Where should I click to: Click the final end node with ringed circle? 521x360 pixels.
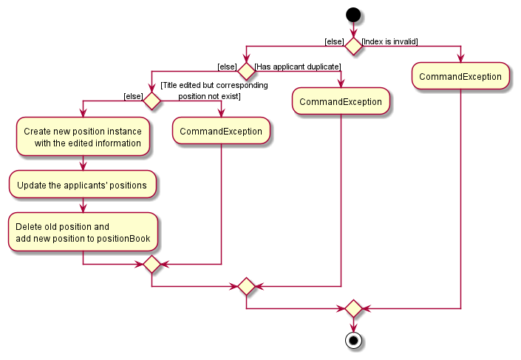pyautogui.click(x=353, y=341)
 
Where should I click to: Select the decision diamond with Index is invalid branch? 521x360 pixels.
pyautogui.click(x=353, y=46)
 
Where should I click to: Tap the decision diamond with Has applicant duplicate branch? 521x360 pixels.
pyautogui.click(x=246, y=72)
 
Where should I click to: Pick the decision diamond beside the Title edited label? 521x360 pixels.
pyautogui.click(x=151, y=101)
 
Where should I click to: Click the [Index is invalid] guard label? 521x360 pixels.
pyautogui.click(x=389, y=41)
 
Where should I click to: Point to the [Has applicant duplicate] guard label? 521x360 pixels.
pyautogui.click(x=297, y=67)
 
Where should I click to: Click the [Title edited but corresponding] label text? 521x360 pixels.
pyautogui.click(x=214, y=86)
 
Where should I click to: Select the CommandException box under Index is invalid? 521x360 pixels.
pyautogui.click(x=460, y=76)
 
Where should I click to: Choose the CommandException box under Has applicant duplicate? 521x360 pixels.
pyautogui.click(x=341, y=101)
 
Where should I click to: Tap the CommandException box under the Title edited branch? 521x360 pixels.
pyautogui.click(x=221, y=131)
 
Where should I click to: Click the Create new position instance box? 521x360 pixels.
pyautogui.click(x=83, y=137)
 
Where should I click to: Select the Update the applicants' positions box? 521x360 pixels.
pyautogui.click(x=83, y=184)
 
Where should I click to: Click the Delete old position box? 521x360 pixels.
pyautogui.click(x=83, y=232)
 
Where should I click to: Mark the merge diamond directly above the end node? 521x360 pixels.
pyautogui.click(x=353, y=308)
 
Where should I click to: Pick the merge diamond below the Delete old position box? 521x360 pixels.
pyautogui.click(x=151, y=264)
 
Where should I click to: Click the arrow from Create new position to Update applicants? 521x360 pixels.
pyautogui.click(x=83, y=163)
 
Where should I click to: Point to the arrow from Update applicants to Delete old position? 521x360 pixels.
pyautogui.click(x=83, y=206)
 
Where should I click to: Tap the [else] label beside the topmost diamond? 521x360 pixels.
pyautogui.click(x=333, y=41)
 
